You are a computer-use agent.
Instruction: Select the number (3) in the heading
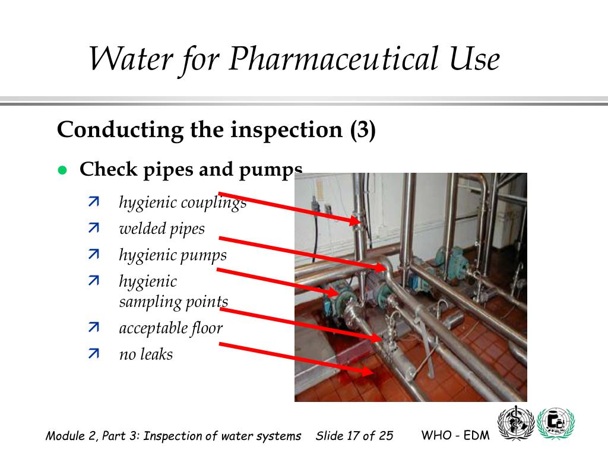362,129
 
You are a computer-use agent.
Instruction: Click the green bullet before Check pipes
61,170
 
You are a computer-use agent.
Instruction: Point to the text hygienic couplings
182,203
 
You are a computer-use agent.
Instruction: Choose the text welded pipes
161,229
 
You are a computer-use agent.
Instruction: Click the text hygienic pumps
173,255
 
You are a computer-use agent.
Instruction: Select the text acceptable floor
170,328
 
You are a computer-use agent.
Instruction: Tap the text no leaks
145,354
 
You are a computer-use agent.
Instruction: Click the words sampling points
173,302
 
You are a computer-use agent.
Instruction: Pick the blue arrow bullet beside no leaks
94,354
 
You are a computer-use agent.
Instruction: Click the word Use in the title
473,59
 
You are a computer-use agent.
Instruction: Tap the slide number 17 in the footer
354,436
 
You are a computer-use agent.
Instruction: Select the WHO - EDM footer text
455,435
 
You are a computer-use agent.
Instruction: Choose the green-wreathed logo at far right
555,424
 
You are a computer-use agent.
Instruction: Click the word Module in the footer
64,436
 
